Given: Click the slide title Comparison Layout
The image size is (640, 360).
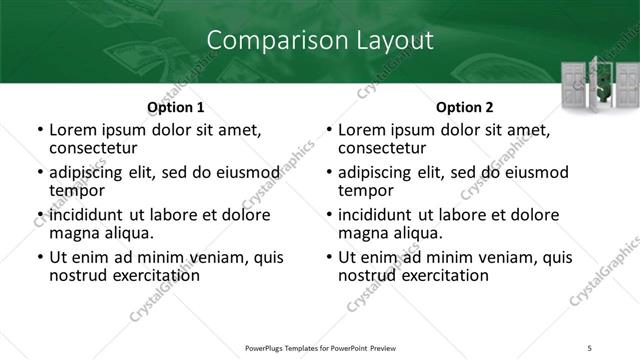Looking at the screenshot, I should (319, 41).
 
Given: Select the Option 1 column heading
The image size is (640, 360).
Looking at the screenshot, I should (175, 107).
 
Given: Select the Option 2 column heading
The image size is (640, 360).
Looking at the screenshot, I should (465, 107).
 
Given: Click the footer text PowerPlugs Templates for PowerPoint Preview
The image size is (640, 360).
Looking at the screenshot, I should (320, 348).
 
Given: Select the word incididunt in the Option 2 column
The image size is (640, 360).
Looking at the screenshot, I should (380, 215).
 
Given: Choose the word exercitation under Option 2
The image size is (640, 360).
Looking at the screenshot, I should (442, 275).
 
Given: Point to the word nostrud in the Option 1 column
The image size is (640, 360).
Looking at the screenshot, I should (78, 275).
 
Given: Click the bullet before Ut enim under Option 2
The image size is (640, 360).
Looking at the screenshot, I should (330, 258).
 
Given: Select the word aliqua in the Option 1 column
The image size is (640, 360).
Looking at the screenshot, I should (128, 233).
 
